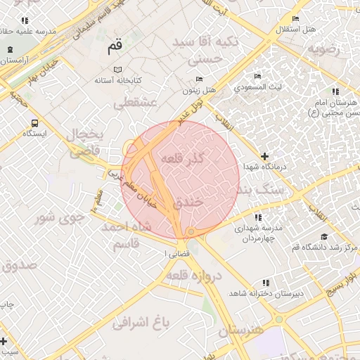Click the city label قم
pyautogui.click(x=114, y=48)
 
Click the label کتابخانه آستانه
pyautogui.click(x=121, y=81)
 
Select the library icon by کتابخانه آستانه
pyautogui.click(x=117, y=70)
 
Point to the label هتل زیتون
pyautogui.click(x=198, y=90)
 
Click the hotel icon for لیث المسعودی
pyautogui.click(x=258, y=76)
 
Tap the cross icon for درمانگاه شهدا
pyautogui.click(x=264, y=156)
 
